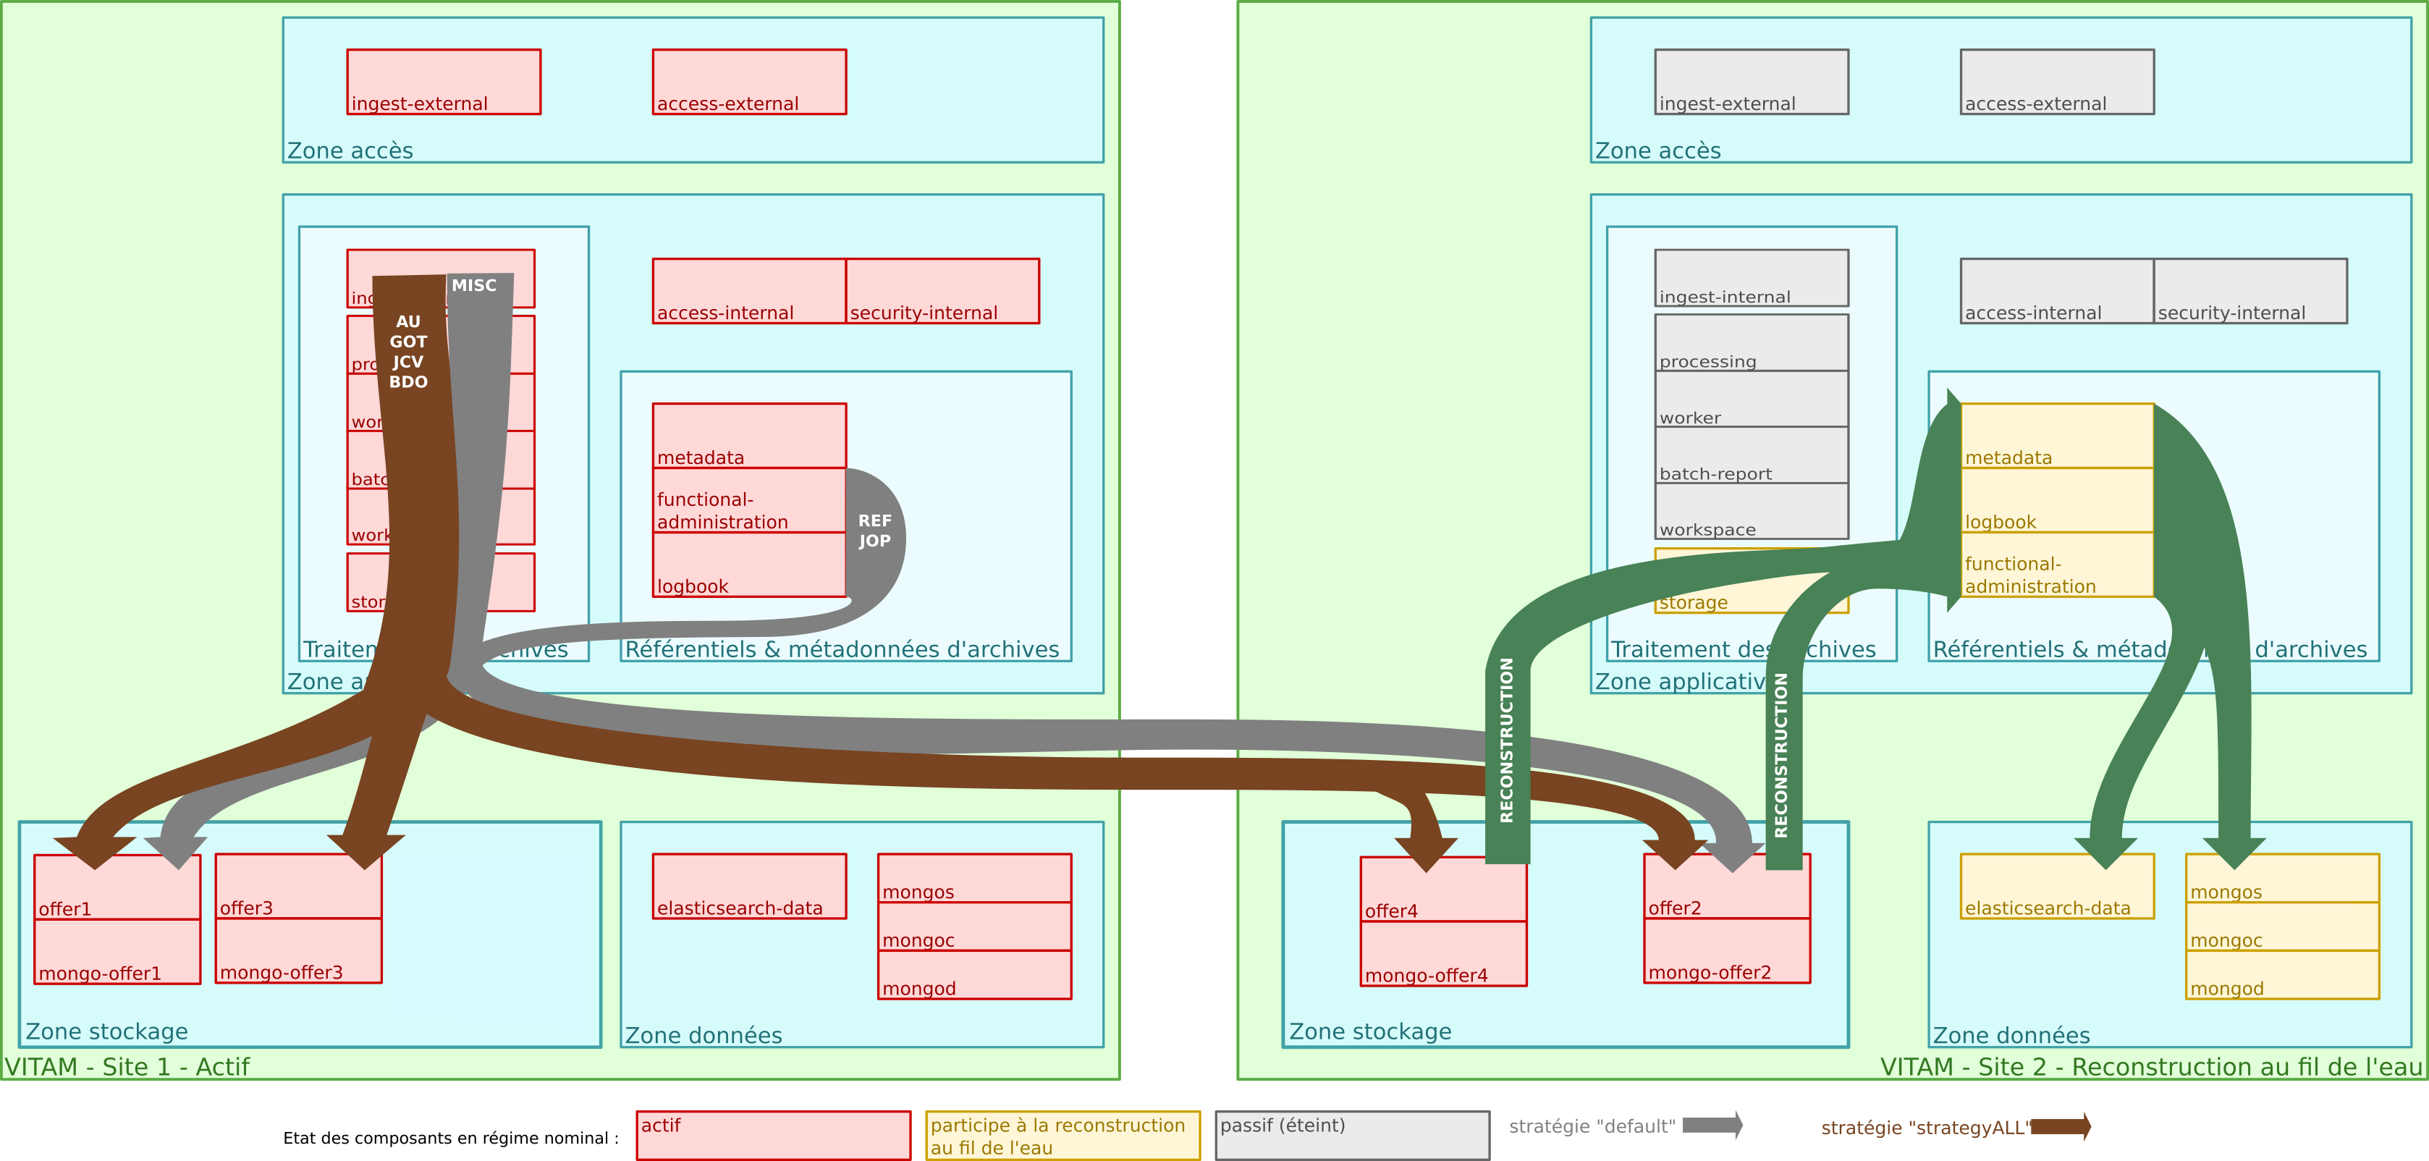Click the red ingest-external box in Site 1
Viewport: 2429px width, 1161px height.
tap(443, 82)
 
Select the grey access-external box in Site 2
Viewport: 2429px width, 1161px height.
tap(2056, 82)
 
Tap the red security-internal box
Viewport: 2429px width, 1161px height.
tap(942, 292)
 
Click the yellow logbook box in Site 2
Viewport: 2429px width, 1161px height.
tap(2056, 501)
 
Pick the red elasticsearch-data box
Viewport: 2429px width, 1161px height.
tap(748, 887)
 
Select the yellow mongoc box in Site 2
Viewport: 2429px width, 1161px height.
tap(2282, 927)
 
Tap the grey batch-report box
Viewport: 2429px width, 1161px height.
tap(1751, 455)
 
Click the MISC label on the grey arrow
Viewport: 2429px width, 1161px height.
tap(473, 285)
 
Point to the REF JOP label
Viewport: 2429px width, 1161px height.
tap(874, 531)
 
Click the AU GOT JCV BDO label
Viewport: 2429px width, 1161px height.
tap(408, 352)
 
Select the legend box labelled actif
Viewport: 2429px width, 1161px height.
tap(773, 1136)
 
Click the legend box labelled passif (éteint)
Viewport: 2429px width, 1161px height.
tap(1352, 1136)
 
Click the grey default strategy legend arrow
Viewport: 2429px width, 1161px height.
tap(1712, 1125)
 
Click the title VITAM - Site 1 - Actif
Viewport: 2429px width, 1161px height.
tap(127, 1067)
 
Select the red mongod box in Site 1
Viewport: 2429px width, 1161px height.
tap(974, 975)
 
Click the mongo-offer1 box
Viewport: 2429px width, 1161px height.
tap(117, 952)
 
